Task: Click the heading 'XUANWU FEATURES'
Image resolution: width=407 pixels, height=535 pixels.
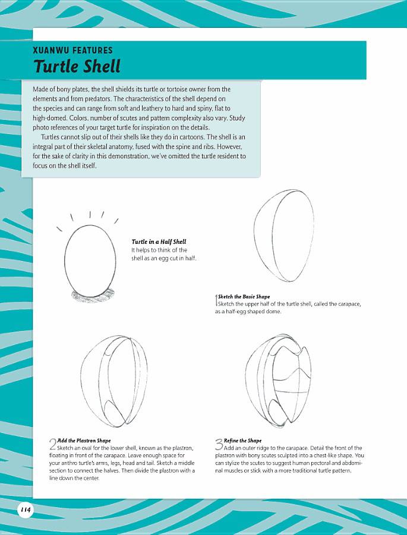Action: [72, 50]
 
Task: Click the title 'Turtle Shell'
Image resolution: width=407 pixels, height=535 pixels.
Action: [77, 66]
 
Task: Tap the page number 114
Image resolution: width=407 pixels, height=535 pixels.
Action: [26, 509]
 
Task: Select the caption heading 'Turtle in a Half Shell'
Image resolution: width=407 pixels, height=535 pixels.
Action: [159, 241]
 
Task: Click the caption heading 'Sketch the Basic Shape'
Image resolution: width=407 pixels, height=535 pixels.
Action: [244, 297]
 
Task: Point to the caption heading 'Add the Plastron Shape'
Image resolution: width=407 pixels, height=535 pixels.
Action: [84, 441]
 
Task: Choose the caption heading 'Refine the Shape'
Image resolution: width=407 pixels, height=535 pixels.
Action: [242, 441]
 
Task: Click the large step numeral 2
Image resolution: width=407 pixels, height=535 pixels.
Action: [52, 444]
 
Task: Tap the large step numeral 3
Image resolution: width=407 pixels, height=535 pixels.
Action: [219, 444]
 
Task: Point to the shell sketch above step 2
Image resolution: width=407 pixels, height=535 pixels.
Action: [113, 383]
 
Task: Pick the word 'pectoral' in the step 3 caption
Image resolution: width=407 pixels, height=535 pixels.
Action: [309, 463]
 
